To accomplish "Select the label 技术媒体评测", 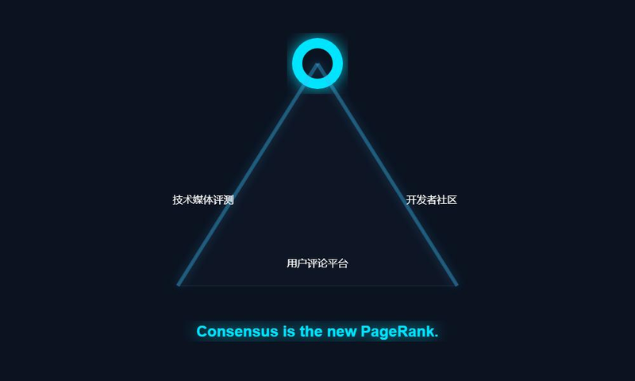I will pyautogui.click(x=203, y=200).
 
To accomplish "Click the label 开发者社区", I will pyautogui.click(x=431, y=200).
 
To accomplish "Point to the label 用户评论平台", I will pyautogui.click(x=317, y=264).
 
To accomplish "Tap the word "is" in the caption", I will pyautogui.click(x=290, y=332).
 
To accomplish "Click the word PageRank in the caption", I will pyautogui.click(x=399, y=332).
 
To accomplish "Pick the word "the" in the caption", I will pyautogui.click(x=312, y=332).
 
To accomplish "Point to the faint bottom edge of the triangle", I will pyautogui.click(x=317, y=284).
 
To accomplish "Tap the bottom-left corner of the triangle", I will pyautogui.click(x=179, y=283).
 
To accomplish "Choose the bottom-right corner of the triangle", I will pyautogui.click(x=456, y=283).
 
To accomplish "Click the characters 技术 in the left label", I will pyautogui.click(x=183, y=200).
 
